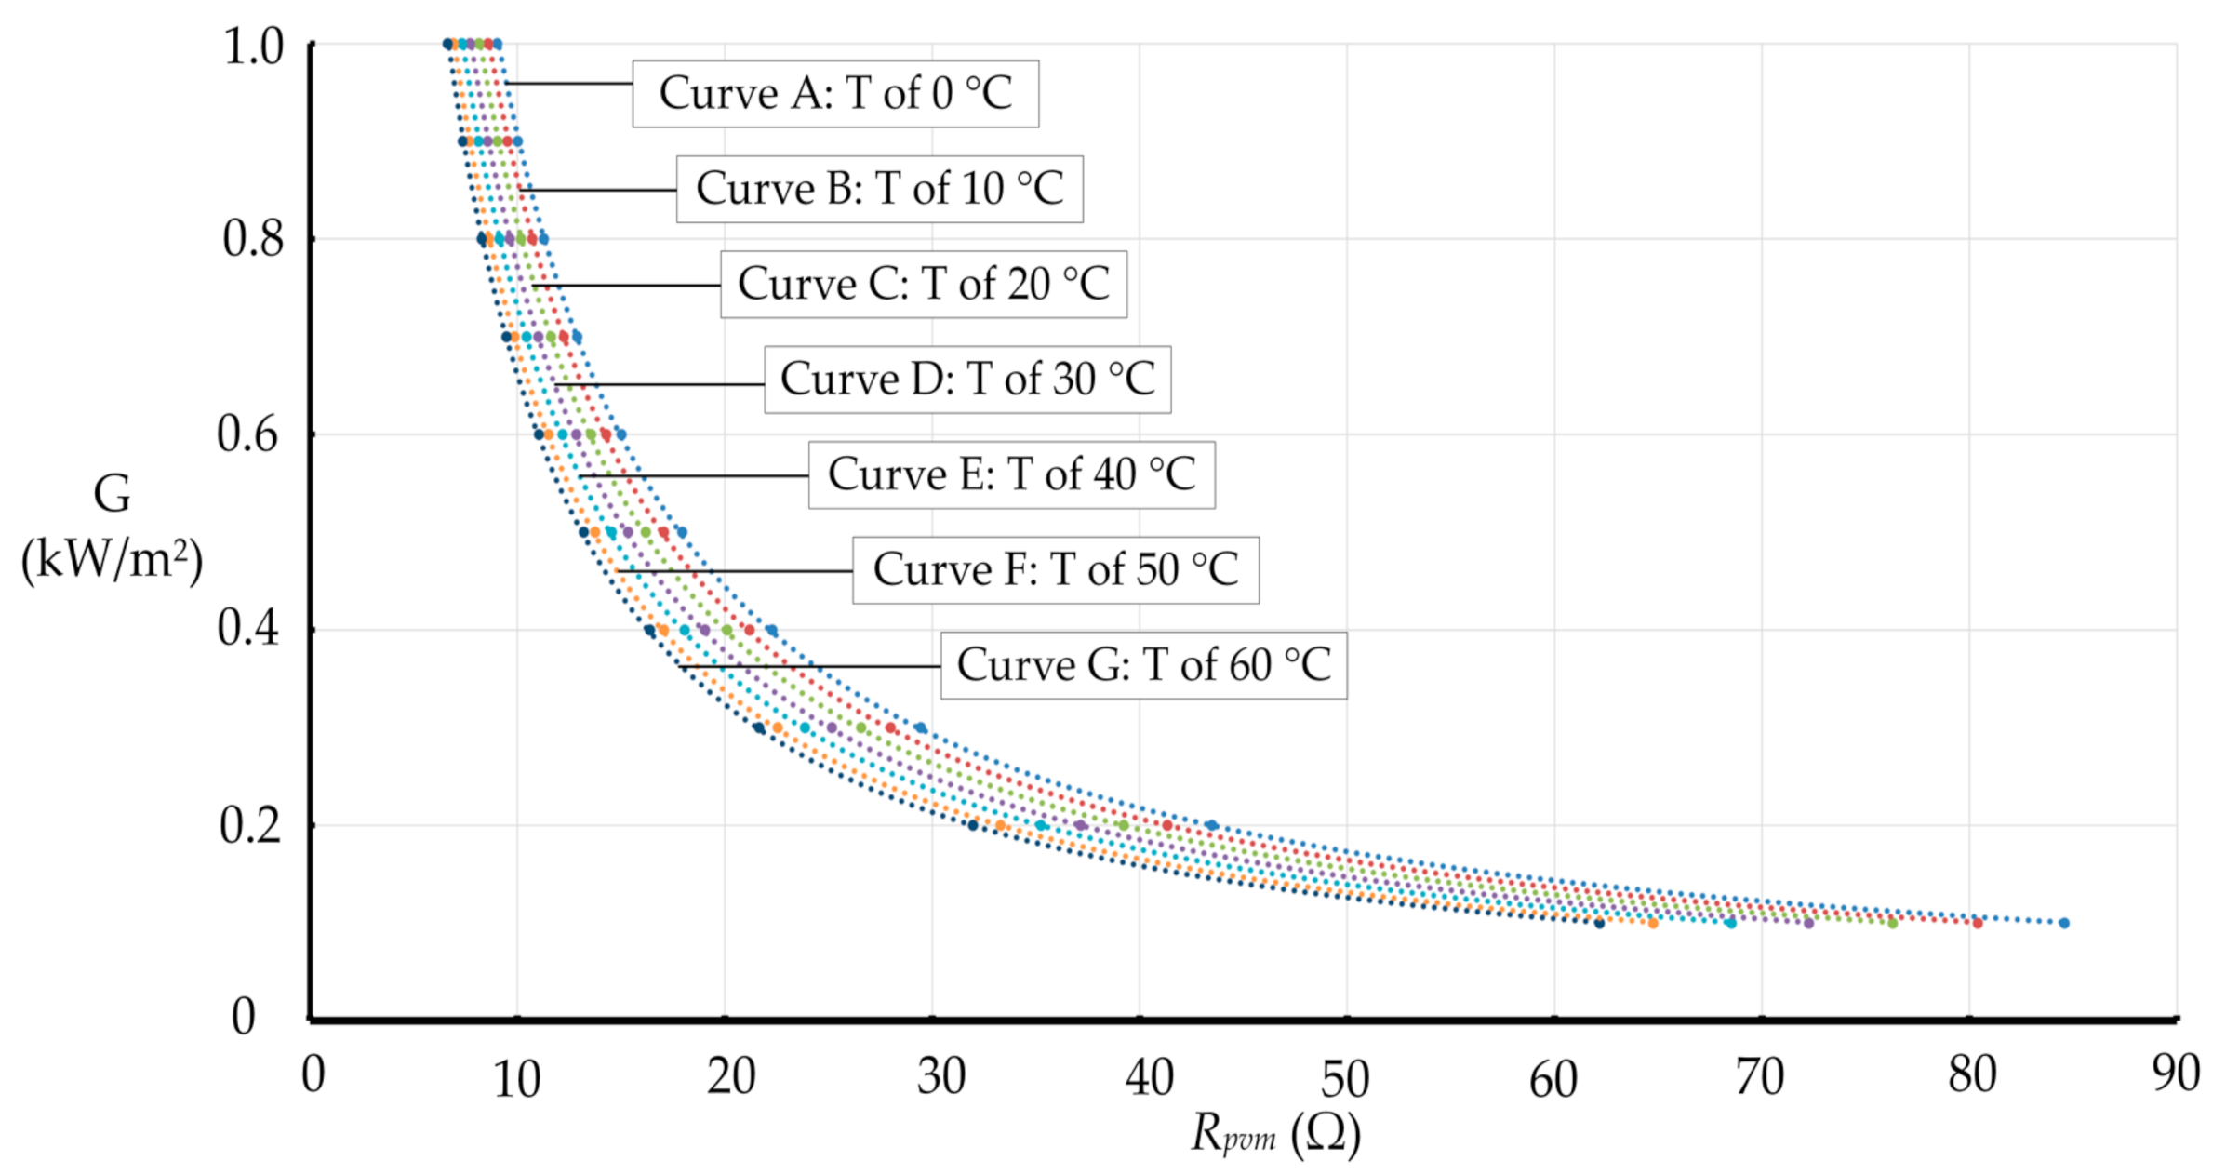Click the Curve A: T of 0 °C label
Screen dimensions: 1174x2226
coord(834,94)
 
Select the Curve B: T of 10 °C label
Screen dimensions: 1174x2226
coord(879,189)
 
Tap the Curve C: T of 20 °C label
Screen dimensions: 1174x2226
coord(923,284)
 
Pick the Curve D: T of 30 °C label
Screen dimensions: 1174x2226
coord(966,380)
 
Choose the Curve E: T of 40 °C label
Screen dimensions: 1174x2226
coord(1011,474)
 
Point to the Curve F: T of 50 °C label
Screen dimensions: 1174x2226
coord(1055,569)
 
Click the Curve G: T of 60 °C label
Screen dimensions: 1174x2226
coord(1143,665)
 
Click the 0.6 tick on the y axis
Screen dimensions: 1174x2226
coord(248,434)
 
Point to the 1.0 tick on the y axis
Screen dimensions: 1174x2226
coord(253,46)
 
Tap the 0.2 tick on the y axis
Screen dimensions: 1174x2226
coord(249,825)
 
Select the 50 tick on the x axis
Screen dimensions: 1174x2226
coord(1345,1079)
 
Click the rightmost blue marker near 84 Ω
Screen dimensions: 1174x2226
coord(2063,923)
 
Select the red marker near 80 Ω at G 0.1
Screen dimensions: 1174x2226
coord(1977,923)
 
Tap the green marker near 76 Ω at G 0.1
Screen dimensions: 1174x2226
coord(1891,923)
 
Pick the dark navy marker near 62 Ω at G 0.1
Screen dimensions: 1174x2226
coord(1599,923)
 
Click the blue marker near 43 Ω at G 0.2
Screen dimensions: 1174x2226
coord(1211,825)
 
